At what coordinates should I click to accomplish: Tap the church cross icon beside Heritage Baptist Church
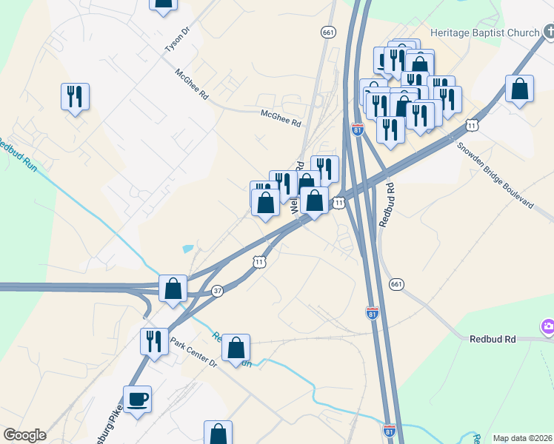pos(549,32)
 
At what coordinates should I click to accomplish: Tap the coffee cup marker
pos(138,400)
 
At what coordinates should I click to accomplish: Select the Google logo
pos(24,435)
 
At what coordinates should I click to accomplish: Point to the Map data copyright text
pos(523,438)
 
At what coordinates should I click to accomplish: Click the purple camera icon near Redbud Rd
pos(548,326)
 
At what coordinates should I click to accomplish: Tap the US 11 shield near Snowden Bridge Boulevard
pos(473,126)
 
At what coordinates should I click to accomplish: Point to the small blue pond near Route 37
pos(188,249)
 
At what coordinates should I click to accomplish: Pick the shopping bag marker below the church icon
pos(520,90)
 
